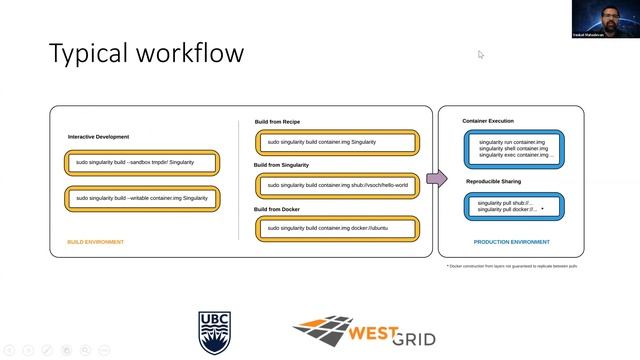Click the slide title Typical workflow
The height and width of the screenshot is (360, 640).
click(146, 52)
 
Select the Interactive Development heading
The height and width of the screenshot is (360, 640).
click(98, 136)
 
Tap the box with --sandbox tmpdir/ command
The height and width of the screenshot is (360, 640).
click(141, 162)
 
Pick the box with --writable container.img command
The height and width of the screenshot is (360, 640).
click(141, 198)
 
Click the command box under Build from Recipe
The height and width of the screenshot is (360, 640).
click(336, 143)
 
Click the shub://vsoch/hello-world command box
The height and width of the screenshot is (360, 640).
click(336, 186)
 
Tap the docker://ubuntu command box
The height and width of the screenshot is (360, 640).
click(336, 229)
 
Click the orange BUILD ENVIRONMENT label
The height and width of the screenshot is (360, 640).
click(95, 242)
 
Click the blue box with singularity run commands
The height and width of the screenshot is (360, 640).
click(514, 149)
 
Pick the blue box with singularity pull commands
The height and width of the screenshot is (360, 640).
click(514, 207)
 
